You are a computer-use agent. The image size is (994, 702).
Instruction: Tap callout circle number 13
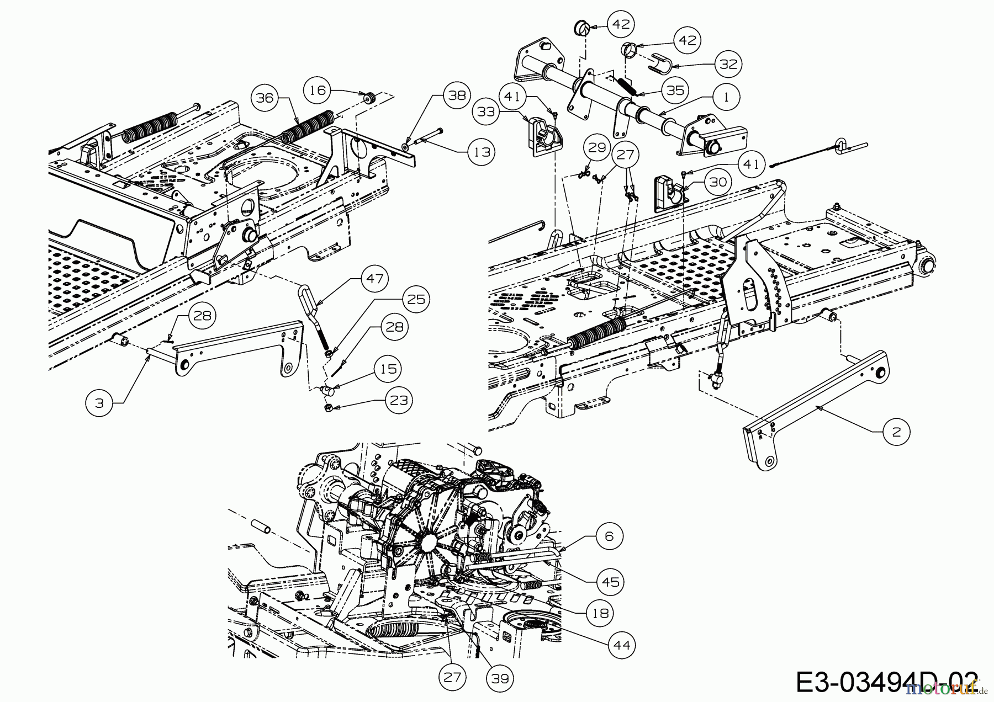point(482,151)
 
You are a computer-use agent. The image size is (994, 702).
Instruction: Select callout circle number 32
point(728,63)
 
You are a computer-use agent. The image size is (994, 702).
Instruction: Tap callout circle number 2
point(896,432)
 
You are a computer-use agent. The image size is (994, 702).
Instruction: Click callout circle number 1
point(726,97)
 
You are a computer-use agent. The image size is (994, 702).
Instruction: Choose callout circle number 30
point(717,182)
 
